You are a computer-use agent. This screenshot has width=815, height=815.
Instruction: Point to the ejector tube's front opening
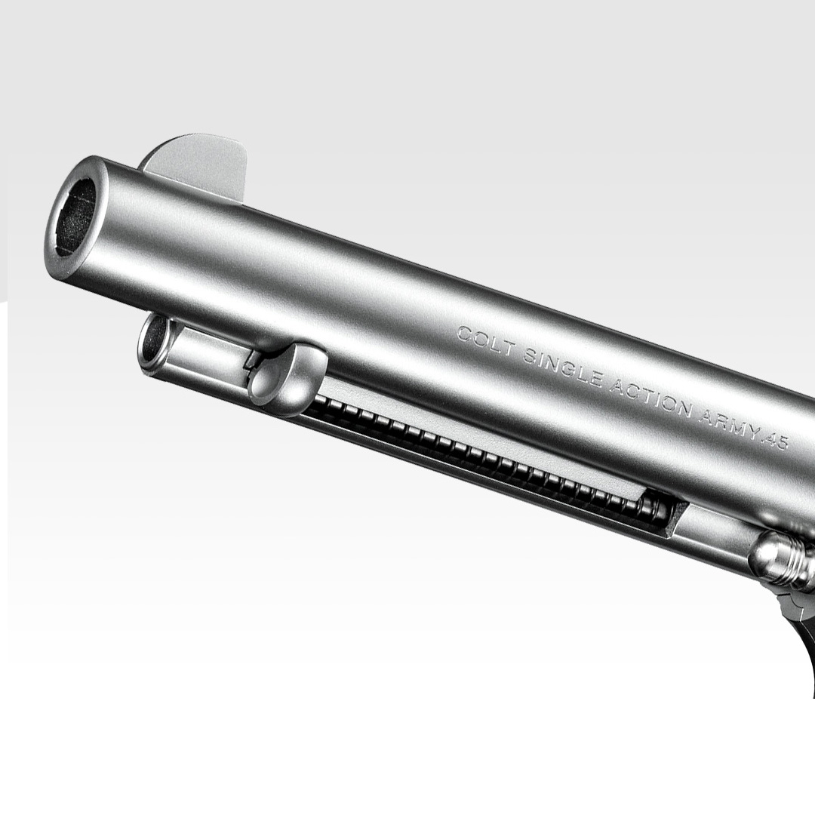(155, 344)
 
